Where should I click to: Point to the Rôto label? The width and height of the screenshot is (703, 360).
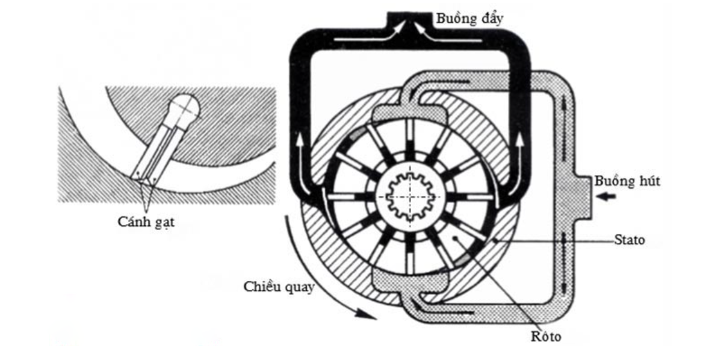click(x=546, y=336)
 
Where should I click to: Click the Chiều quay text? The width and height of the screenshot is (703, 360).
click(x=279, y=287)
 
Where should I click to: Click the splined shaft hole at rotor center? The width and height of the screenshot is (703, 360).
click(x=411, y=196)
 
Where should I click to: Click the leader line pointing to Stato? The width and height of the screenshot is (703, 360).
click(x=554, y=240)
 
